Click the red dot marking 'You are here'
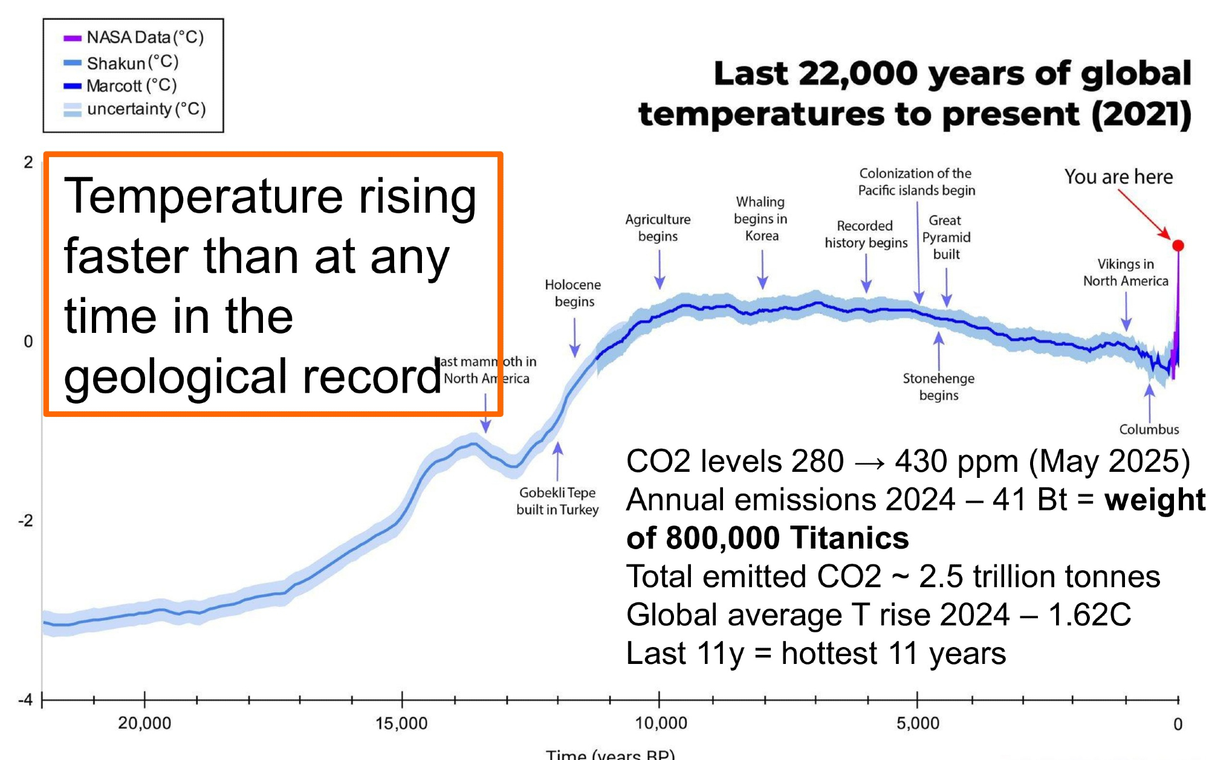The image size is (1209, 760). coord(1178,245)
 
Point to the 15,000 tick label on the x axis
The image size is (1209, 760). coord(401,723)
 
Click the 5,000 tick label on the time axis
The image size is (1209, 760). coord(918,723)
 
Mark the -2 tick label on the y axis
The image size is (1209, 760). coord(25,521)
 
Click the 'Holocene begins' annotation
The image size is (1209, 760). coord(573,293)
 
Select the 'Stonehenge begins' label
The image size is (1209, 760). coord(938,387)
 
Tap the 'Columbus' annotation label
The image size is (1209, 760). coord(1149,430)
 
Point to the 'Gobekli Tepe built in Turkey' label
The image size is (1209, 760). coord(557,501)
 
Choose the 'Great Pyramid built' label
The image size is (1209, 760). coord(946,237)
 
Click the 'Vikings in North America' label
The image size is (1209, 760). coord(1126,272)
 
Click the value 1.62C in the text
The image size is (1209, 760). coord(1089,615)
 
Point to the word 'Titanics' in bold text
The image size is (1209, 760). coord(849,538)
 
